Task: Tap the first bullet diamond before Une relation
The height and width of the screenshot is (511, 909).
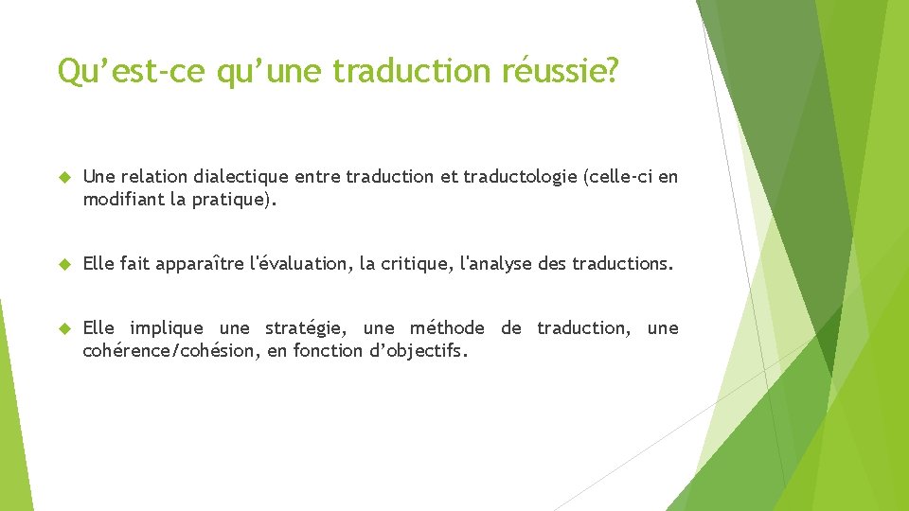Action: coord(65,177)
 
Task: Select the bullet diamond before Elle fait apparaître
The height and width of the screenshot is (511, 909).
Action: coord(65,264)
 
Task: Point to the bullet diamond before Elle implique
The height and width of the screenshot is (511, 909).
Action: coord(65,328)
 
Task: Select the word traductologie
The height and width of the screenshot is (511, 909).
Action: coord(520,177)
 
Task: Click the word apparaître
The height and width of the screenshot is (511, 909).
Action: coord(198,264)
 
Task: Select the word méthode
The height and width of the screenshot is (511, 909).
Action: coord(447,328)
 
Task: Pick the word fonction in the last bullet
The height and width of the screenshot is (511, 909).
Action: coord(327,351)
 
